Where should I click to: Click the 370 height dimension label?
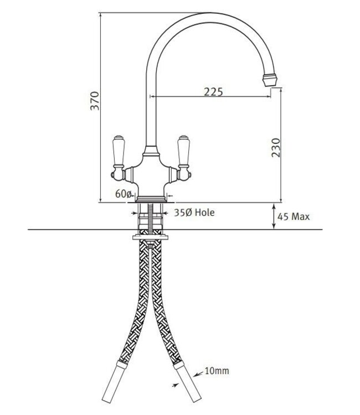tap(95, 101)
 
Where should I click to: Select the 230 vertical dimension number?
tap(276, 148)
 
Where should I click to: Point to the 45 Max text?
tap(293, 216)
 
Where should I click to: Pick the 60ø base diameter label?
tap(124, 194)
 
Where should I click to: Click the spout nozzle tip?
tap(269, 80)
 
